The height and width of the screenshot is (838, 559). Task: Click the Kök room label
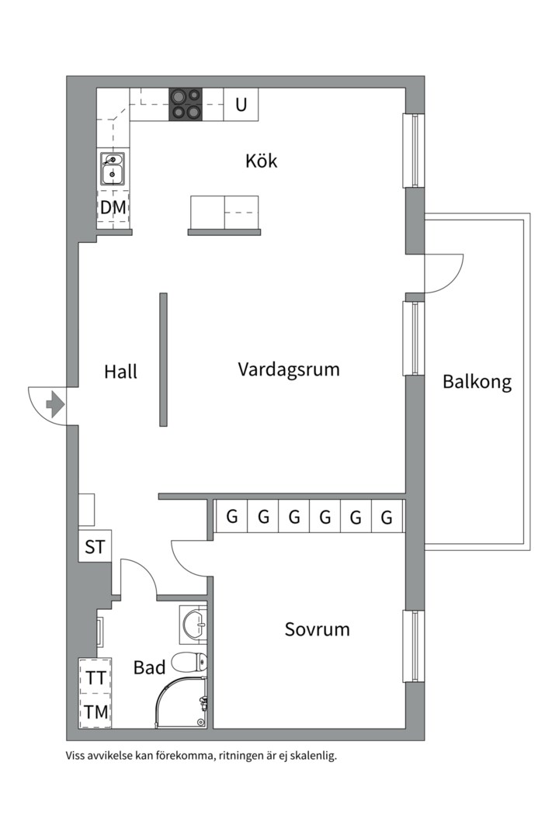point(261,161)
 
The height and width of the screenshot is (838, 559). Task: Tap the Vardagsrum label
point(289,369)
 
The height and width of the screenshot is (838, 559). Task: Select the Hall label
point(121,372)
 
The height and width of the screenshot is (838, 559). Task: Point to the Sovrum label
point(318,629)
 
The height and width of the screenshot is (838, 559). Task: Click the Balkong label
point(477,382)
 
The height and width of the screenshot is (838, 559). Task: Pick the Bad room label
point(149,667)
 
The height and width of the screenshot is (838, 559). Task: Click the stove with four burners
point(186,104)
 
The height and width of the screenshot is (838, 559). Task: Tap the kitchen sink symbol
point(113,169)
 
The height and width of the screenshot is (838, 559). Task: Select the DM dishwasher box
point(113,207)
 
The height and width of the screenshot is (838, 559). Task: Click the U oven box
point(241,104)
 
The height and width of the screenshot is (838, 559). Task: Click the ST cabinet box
point(95,546)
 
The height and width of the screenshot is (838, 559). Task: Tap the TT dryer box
point(95,677)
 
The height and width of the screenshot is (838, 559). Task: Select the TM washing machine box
point(95,712)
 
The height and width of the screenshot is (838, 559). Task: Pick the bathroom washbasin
point(193,623)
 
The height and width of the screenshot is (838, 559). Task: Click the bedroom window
point(414,646)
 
